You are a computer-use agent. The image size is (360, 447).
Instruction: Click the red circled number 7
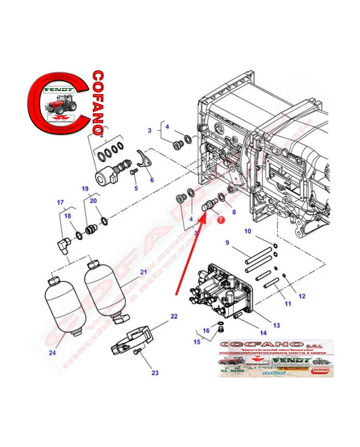point(221,220)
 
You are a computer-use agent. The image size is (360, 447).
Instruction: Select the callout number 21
point(143,272)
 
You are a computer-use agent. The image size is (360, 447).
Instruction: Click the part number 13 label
point(276,325)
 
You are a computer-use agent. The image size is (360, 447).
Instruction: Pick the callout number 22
point(174,316)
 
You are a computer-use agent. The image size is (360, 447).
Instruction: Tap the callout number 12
point(302,296)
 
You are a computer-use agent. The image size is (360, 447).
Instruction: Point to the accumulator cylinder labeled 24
point(61,306)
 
